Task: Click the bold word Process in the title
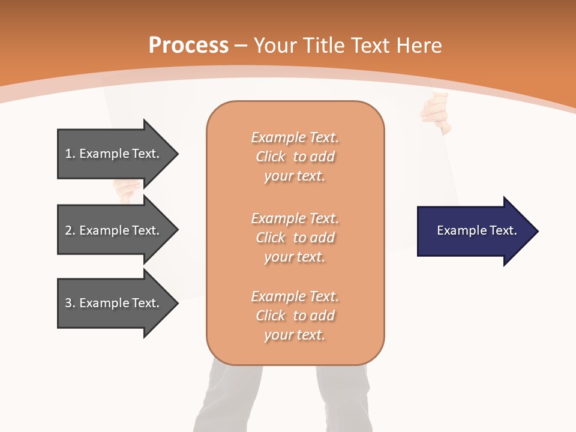pos(188,46)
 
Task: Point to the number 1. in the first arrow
pos(70,154)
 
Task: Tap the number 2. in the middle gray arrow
pos(70,230)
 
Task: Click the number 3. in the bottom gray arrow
pos(70,303)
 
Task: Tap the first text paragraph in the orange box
pos(295,157)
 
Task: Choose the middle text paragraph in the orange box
pos(295,238)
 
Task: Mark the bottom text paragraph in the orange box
pos(295,316)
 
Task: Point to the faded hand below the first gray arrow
pos(127,191)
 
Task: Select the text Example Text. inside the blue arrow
pos(476,230)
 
